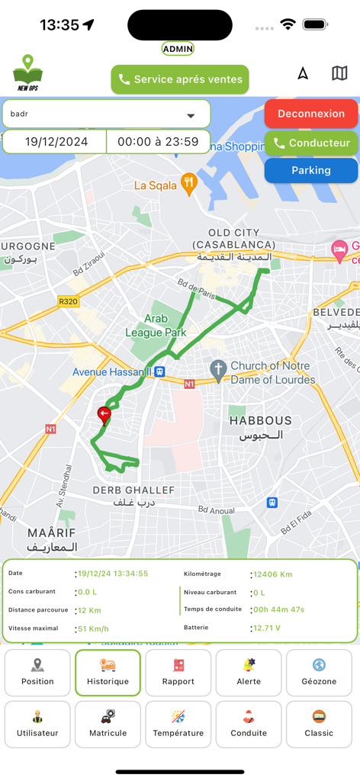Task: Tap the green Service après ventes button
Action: point(180,79)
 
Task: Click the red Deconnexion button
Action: point(311,114)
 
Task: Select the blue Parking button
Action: point(311,171)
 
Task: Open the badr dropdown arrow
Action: point(191,116)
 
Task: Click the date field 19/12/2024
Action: point(56,142)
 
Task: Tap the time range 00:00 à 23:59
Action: point(158,142)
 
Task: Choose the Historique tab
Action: point(108,673)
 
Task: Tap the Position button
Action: point(37,673)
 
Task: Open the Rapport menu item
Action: point(178,673)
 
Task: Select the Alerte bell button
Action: point(249,673)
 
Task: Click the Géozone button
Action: point(319,673)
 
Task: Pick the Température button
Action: point(178,725)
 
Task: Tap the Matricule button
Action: point(108,725)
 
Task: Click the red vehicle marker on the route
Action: point(104,414)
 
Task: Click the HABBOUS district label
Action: point(260,421)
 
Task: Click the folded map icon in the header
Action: point(339,73)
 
